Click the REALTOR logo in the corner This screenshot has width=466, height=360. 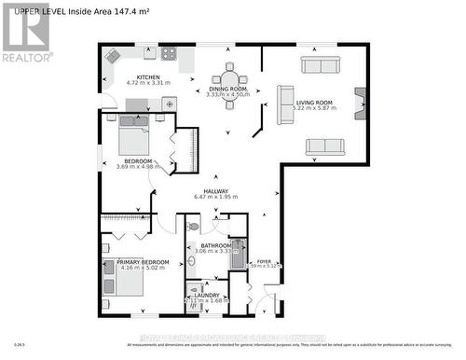(x=26, y=33)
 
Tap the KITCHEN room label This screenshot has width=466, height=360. (x=149, y=77)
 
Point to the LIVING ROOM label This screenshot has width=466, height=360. (x=316, y=103)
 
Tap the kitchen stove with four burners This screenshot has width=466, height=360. (x=168, y=53)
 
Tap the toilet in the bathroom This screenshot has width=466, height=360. (x=192, y=226)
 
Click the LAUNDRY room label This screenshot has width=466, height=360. (x=207, y=295)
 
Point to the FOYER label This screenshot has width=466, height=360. (x=264, y=261)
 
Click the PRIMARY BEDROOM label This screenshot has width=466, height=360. (x=143, y=262)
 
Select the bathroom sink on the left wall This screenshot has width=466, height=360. (x=191, y=290)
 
